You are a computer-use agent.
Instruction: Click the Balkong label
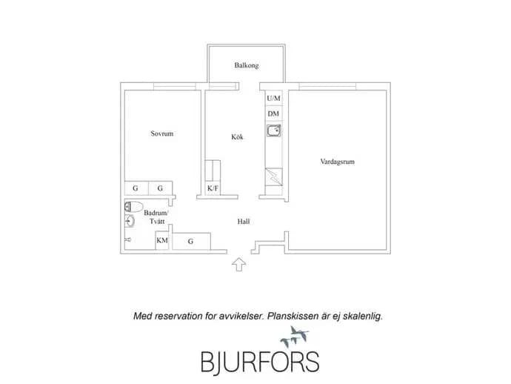click(247, 65)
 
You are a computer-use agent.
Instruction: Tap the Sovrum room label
click(162, 133)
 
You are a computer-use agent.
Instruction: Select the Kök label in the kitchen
click(237, 136)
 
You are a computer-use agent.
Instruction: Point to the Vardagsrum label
click(337, 162)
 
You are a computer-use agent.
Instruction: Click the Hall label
click(244, 222)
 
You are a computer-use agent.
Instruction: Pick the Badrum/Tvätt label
click(156, 217)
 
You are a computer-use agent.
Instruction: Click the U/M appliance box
click(273, 98)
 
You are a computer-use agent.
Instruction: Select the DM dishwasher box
click(273, 113)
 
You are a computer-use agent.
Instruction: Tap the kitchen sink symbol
click(274, 130)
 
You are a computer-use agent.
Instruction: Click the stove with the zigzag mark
click(274, 176)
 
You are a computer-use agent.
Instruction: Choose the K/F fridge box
click(213, 188)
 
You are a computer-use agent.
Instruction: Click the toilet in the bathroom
click(133, 207)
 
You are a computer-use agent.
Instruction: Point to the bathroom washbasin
click(130, 221)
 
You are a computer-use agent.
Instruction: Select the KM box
click(162, 240)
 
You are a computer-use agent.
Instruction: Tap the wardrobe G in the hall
click(191, 241)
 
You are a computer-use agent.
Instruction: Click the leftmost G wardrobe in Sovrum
click(136, 188)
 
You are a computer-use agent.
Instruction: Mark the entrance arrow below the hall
click(239, 264)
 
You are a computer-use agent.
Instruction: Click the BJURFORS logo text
click(260, 363)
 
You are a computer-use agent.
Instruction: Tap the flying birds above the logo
click(295, 337)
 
